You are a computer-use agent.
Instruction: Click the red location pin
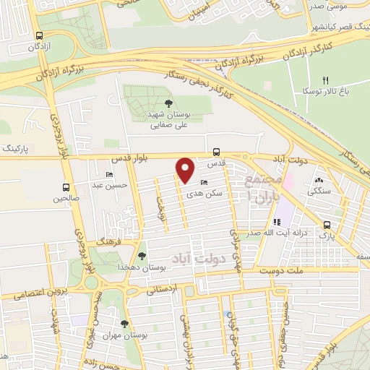[186, 168]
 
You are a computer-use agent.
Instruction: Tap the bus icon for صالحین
[66, 186]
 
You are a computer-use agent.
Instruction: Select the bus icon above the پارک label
[328, 224]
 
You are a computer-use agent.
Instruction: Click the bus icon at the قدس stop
[217, 152]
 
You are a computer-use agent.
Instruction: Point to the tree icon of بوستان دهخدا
[141, 256]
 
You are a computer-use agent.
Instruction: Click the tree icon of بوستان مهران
[124, 324]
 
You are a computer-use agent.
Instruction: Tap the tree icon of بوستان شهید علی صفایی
[169, 103]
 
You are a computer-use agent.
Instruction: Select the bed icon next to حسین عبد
[109, 174]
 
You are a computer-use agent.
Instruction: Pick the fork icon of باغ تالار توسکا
[325, 79]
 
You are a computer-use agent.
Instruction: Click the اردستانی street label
[161, 290]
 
